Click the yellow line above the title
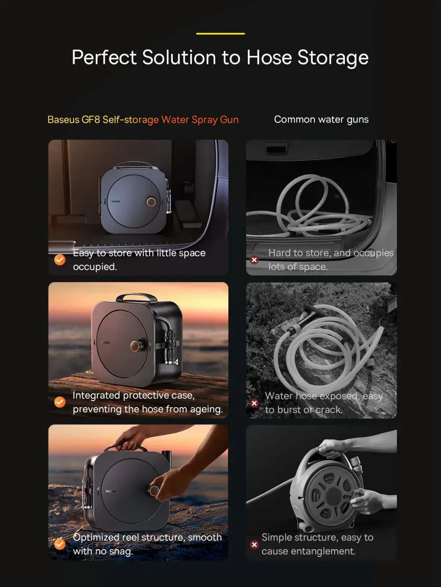click(220, 33)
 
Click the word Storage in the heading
click(333, 58)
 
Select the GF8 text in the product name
click(91, 119)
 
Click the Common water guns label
click(321, 119)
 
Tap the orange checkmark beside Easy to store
click(60, 260)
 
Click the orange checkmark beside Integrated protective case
click(60, 402)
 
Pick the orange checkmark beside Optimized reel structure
click(60, 544)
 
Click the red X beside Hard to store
click(254, 260)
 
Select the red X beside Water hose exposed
click(254, 403)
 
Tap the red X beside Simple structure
click(254, 545)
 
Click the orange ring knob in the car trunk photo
click(151, 202)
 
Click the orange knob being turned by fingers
click(154, 491)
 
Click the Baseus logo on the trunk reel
click(116, 201)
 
